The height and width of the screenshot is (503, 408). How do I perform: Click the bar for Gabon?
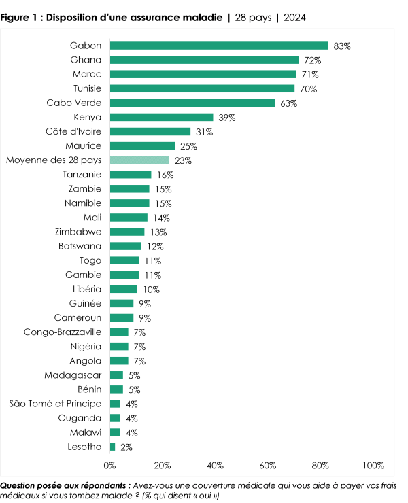(x=219, y=46)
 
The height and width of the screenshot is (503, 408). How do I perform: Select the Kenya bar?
(x=162, y=118)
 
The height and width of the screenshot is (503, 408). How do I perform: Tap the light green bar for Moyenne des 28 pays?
(x=139, y=160)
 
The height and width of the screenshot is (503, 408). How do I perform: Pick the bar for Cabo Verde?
(x=192, y=103)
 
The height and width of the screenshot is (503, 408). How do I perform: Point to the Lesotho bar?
(x=113, y=447)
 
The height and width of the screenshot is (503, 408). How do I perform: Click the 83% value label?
(x=342, y=46)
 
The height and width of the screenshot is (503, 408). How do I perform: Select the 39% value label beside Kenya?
(x=227, y=118)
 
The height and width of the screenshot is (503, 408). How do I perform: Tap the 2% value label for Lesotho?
(x=126, y=447)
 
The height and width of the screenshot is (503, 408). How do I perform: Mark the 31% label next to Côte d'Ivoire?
(x=204, y=132)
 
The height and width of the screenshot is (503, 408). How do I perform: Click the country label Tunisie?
(x=86, y=89)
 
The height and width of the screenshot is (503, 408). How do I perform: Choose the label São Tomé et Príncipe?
(x=55, y=404)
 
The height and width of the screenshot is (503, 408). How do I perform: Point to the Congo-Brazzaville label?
(x=62, y=332)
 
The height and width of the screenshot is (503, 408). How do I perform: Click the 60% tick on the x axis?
(x=268, y=466)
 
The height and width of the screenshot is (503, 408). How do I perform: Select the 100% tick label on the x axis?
(x=373, y=466)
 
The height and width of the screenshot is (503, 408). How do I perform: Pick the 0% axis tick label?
(x=110, y=466)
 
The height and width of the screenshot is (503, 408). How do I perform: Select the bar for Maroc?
(x=203, y=75)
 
